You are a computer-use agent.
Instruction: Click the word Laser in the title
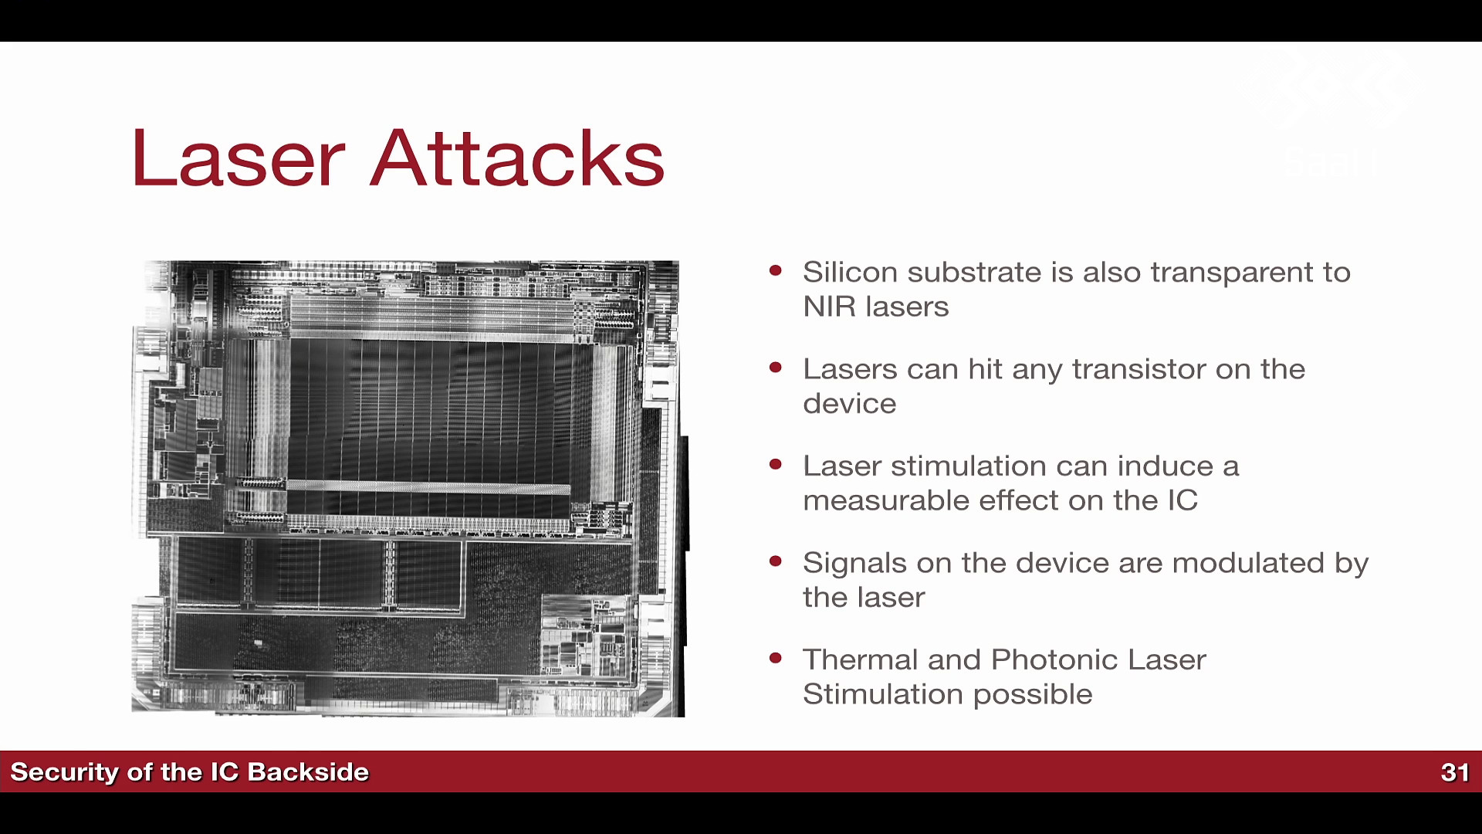(x=239, y=158)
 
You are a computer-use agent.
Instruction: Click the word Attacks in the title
(x=517, y=158)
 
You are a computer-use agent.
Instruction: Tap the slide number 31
(x=1455, y=772)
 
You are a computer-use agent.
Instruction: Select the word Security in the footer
(x=64, y=772)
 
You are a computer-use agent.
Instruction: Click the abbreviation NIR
(x=830, y=307)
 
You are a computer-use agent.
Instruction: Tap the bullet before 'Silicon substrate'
(x=776, y=270)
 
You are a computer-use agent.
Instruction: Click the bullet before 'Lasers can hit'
(x=776, y=368)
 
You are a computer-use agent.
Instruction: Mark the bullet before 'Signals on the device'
(x=776, y=561)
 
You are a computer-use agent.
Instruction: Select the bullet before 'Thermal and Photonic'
(x=776, y=658)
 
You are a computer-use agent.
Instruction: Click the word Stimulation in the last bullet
(x=883, y=694)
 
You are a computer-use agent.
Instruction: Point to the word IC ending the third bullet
(x=1183, y=500)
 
